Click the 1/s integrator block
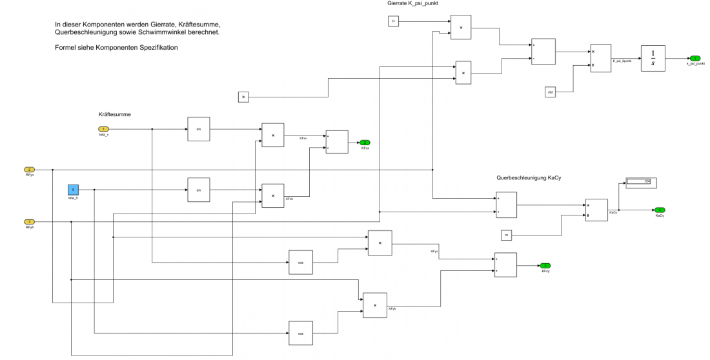[653, 58]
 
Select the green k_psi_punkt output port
[695, 58]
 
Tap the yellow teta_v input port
[103, 129]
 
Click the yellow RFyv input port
[29, 170]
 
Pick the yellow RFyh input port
[29, 222]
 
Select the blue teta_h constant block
[73, 190]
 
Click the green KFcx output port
[365, 143]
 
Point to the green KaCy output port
[659, 210]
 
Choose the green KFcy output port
[545, 265]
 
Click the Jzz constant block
[550, 92]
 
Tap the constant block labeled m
[507, 235]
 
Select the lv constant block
[394, 22]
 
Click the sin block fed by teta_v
[199, 129]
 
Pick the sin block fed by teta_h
[199, 190]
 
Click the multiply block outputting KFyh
[374, 305]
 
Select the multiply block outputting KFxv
[272, 135]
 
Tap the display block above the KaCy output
[638, 183]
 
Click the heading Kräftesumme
[114, 114]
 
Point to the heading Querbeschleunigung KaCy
[528, 177]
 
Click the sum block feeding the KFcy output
[505, 265]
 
